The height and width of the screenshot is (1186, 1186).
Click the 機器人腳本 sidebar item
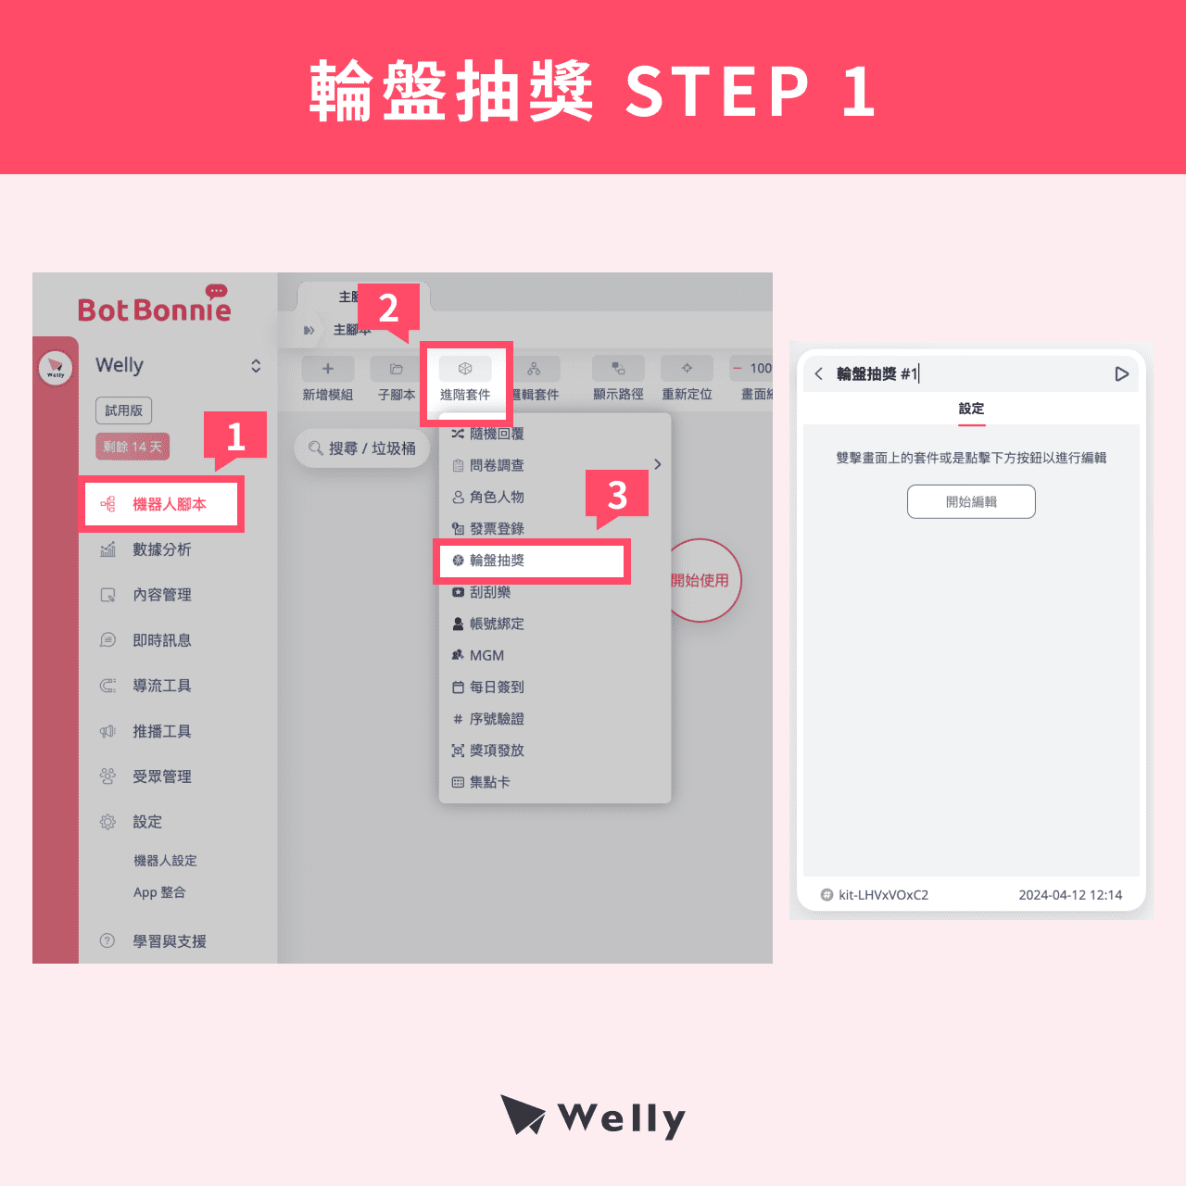click(x=162, y=504)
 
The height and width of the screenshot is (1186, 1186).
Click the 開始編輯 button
click(x=971, y=501)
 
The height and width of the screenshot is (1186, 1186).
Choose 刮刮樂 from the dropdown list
click(x=489, y=592)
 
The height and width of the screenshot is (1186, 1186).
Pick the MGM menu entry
click(x=486, y=655)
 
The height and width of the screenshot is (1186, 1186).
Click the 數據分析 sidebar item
click(x=161, y=549)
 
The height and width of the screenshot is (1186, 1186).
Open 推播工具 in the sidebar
click(x=161, y=731)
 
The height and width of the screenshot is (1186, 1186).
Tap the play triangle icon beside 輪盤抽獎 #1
click(x=1121, y=374)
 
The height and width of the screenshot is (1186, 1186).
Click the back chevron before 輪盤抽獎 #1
click(x=819, y=374)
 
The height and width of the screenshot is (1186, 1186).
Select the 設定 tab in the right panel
click(x=971, y=409)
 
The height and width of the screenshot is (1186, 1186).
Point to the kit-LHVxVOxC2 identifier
click(x=882, y=895)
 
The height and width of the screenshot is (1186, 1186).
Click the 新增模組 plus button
click(x=327, y=369)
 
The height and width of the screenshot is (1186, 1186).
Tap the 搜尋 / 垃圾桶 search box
click(x=362, y=448)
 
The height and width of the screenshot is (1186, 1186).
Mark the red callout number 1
click(x=235, y=435)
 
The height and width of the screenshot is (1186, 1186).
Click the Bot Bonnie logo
click(x=155, y=307)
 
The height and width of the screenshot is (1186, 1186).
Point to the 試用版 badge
click(x=123, y=410)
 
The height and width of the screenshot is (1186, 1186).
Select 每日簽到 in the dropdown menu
click(x=496, y=687)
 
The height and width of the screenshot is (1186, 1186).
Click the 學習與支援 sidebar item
click(x=169, y=941)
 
